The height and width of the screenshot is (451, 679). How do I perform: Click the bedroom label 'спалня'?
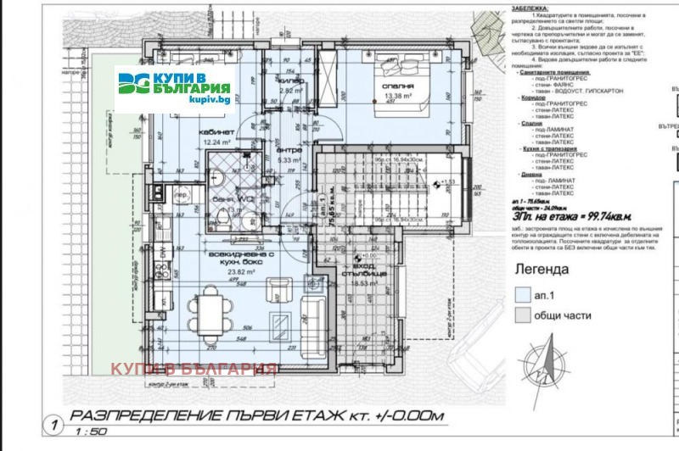(398, 86)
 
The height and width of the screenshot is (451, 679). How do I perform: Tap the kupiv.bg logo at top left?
(176, 88)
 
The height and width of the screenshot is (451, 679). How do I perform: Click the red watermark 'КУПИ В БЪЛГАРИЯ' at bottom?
(194, 369)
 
